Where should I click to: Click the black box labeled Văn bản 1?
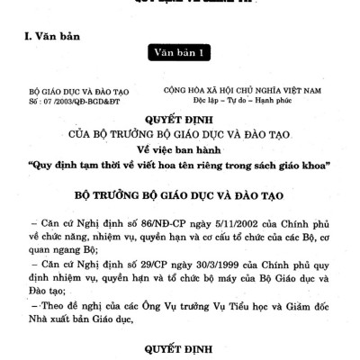180,54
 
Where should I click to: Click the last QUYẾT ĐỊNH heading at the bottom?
180,348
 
